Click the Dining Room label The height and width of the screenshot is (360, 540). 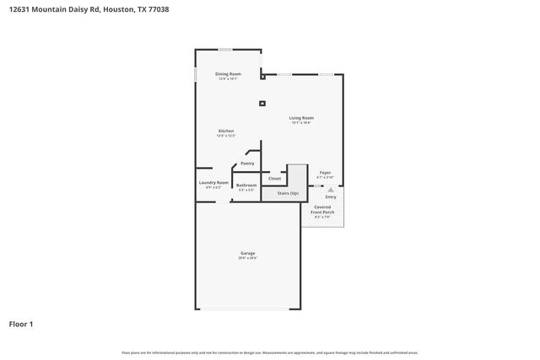click(x=228, y=74)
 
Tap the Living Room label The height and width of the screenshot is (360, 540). click(x=301, y=118)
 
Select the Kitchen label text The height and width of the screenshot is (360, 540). click(x=226, y=132)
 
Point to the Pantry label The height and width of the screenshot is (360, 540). click(x=247, y=164)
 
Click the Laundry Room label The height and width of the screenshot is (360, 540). click(x=213, y=183)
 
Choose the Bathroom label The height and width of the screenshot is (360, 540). click(x=246, y=185)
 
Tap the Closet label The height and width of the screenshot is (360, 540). click(x=274, y=179)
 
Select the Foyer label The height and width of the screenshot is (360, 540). click(x=325, y=173)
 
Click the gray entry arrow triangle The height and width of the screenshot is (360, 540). click(x=331, y=191)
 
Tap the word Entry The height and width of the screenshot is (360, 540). click(x=331, y=197)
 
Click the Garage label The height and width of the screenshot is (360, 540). click(x=247, y=253)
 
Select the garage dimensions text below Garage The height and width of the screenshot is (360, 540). click(x=247, y=258)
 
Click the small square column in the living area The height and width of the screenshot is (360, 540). click(x=262, y=104)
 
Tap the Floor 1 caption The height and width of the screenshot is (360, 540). click(x=21, y=324)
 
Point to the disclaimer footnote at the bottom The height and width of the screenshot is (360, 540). click(x=269, y=352)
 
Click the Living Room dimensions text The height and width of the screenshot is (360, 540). click(x=301, y=123)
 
